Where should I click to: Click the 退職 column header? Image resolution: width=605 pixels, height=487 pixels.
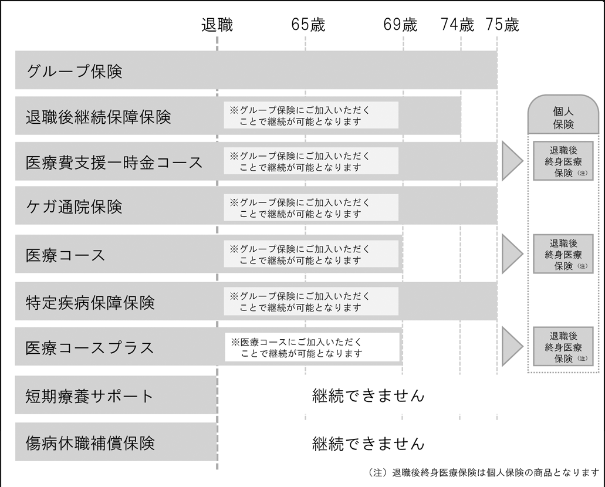[x=217, y=25]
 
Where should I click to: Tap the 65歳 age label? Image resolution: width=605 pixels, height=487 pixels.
[x=308, y=25]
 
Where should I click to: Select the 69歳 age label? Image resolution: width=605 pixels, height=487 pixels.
[x=400, y=25]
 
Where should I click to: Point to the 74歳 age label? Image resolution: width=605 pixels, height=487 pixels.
[x=457, y=25]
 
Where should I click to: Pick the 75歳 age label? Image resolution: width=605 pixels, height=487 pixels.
[x=502, y=25]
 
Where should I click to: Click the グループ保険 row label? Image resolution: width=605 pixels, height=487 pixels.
[x=75, y=72]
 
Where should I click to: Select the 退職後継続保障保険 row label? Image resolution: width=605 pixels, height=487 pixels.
[x=99, y=117]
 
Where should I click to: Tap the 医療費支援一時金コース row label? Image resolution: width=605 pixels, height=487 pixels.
[x=114, y=163]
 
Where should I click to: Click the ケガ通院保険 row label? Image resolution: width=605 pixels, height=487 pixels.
[x=74, y=207]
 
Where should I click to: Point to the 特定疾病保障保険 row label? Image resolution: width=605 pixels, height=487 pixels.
[x=90, y=303]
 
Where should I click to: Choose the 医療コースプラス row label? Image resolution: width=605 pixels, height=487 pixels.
[x=90, y=348]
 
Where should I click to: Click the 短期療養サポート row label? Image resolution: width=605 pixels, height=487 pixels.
[x=90, y=396]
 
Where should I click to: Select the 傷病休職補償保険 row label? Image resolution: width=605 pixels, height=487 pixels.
[x=90, y=444]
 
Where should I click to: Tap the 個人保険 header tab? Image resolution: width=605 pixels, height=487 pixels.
[x=563, y=114]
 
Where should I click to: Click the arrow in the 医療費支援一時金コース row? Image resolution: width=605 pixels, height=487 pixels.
[x=512, y=161]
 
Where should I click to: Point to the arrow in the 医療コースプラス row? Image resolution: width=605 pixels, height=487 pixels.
[x=512, y=346]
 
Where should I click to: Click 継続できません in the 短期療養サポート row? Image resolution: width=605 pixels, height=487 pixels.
[x=369, y=396]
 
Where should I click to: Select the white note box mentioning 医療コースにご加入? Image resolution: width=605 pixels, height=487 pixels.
[x=312, y=347]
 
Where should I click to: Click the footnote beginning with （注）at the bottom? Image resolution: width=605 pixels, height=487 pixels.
[x=484, y=473]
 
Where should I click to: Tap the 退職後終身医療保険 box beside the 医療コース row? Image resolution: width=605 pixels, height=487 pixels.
[x=563, y=254]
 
